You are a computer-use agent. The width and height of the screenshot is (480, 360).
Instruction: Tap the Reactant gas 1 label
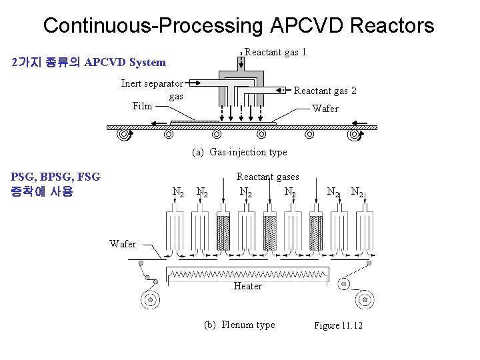[275, 52]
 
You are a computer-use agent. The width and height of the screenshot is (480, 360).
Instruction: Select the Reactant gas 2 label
[325, 90]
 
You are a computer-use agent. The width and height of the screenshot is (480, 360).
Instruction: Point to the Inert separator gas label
[152, 89]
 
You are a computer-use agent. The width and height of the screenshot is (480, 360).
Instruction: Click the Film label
[142, 106]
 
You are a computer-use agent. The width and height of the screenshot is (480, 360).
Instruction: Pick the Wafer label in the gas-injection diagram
[325, 109]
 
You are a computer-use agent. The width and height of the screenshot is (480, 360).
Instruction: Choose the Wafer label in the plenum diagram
[123, 244]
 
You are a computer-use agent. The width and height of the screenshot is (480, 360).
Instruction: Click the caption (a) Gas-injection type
[239, 152]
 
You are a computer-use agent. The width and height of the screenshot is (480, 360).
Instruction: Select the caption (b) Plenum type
[239, 325]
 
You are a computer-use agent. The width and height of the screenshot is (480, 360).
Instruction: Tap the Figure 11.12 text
[338, 325]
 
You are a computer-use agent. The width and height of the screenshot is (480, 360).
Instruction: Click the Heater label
[247, 286]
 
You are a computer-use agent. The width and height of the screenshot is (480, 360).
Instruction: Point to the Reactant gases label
[267, 177]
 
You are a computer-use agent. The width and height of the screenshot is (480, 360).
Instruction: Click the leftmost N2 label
[178, 193]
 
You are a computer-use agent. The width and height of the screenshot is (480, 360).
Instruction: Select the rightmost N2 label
[358, 193]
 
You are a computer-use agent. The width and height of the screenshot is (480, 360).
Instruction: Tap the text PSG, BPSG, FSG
[55, 177]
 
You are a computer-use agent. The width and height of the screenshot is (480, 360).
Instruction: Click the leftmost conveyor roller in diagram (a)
[123, 135]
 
